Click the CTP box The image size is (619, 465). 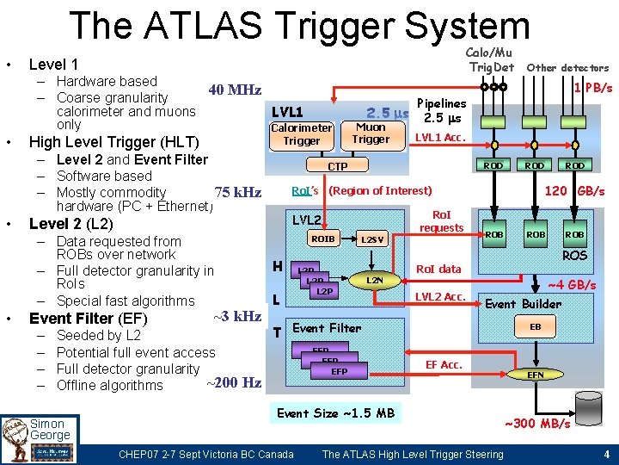pos(337,165)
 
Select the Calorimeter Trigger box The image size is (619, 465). pos(302,134)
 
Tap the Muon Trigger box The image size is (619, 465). pos(371,133)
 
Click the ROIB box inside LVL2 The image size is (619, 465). pos(322,239)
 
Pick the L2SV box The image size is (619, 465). pos(372,239)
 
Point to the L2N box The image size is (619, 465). pos(375,281)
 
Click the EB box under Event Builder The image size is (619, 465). pos(535,327)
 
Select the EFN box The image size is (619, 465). pos(535,375)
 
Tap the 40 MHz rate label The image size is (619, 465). pos(234,90)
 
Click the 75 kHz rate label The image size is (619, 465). pos(238,192)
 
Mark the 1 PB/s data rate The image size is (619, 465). pos(593,88)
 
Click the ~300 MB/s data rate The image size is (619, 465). pos(536,424)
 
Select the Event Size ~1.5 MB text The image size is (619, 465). pos(335,413)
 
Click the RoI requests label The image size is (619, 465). pos(441,222)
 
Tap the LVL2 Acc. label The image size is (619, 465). pos(439,297)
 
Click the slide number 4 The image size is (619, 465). pos(606,455)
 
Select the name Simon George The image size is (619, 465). pos(50,430)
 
